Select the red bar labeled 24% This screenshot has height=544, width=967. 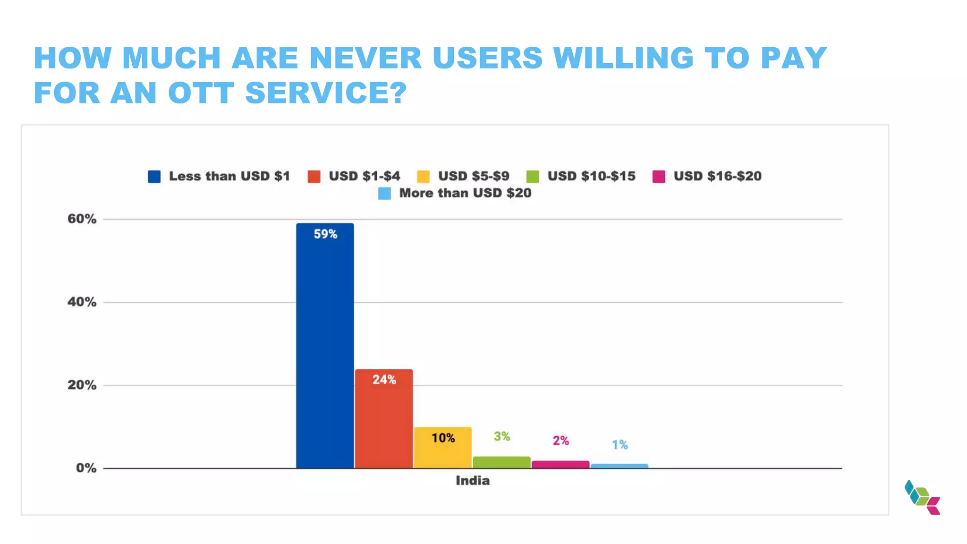(384, 420)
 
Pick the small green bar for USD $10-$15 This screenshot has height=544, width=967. (501, 462)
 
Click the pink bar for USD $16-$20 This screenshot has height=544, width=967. (560, 465)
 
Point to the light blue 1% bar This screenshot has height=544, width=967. (619, 466)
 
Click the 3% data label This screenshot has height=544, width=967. (502, 436)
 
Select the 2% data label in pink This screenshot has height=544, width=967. (561, 441)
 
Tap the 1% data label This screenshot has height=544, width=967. (620, 445)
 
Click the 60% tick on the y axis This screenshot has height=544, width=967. (82, 219)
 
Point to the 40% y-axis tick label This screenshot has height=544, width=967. (82, 302)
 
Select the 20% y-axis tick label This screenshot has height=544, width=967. (82, 385)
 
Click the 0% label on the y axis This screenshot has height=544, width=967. (86, 468)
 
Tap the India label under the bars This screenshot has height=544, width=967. (473, 481)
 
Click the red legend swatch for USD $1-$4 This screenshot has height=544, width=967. (314, 177)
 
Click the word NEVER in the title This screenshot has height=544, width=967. (365, 59)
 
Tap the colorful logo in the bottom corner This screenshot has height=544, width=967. (922, 497)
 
